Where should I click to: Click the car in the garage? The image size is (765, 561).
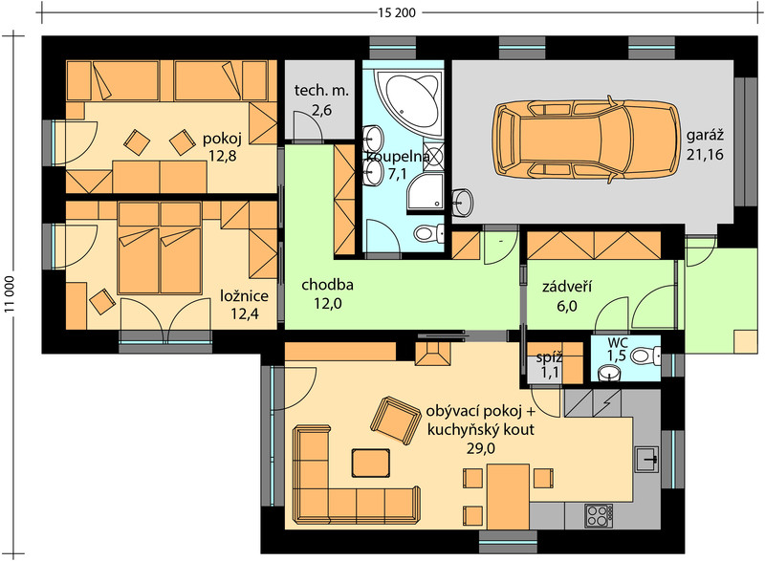[586, 139]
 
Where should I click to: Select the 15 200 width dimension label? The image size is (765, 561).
[397, 12]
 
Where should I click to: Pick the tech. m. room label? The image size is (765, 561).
[321, 90]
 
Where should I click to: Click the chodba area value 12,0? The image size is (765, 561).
[327, 304]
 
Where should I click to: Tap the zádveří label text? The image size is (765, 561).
[567, 286]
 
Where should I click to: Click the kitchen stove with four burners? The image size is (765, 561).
[599, 516]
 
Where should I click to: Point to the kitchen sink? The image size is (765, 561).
[647, 459]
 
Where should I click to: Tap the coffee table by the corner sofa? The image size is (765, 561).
[371, 463]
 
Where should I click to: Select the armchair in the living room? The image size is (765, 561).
[395, 421]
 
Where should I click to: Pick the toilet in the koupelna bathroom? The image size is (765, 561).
[428, 233]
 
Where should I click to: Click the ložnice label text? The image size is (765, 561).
[244, 296]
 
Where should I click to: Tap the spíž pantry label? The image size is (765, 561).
[549, 357]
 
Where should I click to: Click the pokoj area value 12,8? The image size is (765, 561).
[222, 156]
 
